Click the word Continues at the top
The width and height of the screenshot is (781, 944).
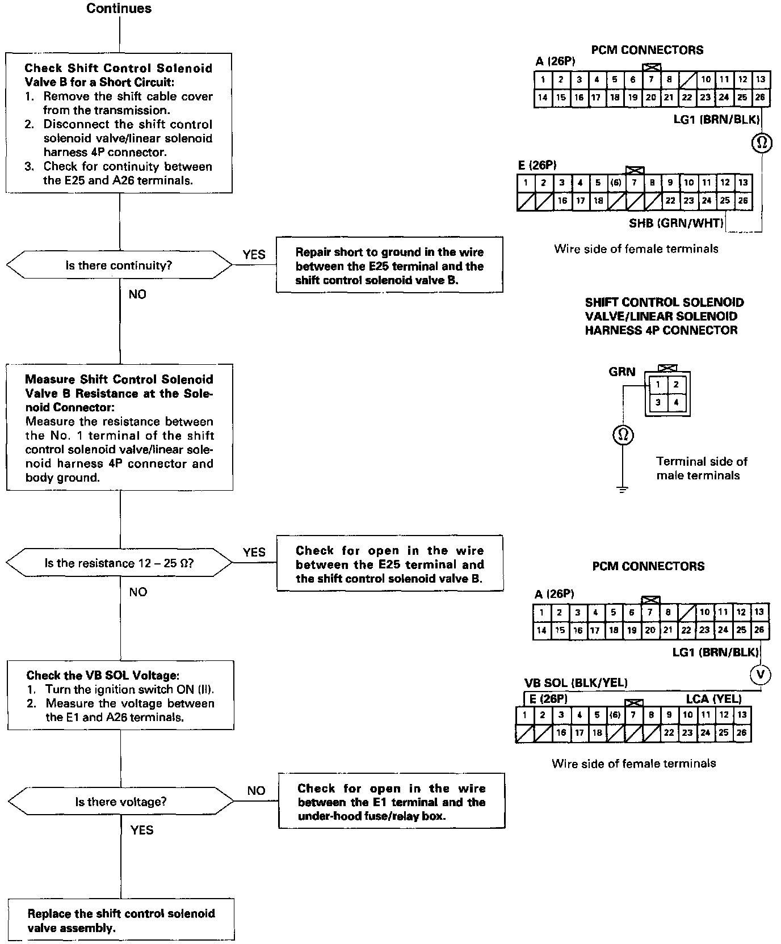pyautogui.click(x=119, y=9)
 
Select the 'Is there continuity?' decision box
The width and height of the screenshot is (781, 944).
pyautogui.click(x=119, y=265)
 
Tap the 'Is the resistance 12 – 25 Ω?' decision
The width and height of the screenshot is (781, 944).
pyautogui.click(x=119, y=563)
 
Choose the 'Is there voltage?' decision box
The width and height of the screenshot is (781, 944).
pyautogui.click(x=121, y=802)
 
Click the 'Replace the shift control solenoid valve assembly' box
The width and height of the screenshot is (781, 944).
pyautogui.click(x=121, y=920)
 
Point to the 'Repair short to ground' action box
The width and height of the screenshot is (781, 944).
pyautogui.click(x=389, y=266)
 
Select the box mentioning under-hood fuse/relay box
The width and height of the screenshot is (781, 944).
pyautogui.click(x=391, y=802)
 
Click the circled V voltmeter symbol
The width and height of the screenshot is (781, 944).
pyautogui.click(x=761, y=675)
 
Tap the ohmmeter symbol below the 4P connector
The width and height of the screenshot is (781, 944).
pyautogui.click(x=623, y=435)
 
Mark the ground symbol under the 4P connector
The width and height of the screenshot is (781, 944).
pyautogui.click(x=623, y=489)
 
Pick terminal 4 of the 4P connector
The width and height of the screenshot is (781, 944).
pyautogui.click(x=676, y=403)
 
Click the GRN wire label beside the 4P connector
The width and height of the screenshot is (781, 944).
pyautogui.click(x=622, y=372)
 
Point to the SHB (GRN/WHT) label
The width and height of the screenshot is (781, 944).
pyautogui.click(x=676, y=223)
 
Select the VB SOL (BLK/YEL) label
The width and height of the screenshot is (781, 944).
pyautogui.click(x=576, y=682)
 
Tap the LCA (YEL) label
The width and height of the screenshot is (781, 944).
pyautogui.click(x=713, y=698)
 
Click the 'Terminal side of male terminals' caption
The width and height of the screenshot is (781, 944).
pyautogui.click(x=701, y=468)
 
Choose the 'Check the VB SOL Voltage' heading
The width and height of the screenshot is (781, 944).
pyautogui.click(x=103, y=675)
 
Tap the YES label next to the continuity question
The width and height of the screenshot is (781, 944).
pyautogui.click(x=254, y=254)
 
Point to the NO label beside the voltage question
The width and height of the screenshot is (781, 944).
pyautogui.click(x=256, y=790)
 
